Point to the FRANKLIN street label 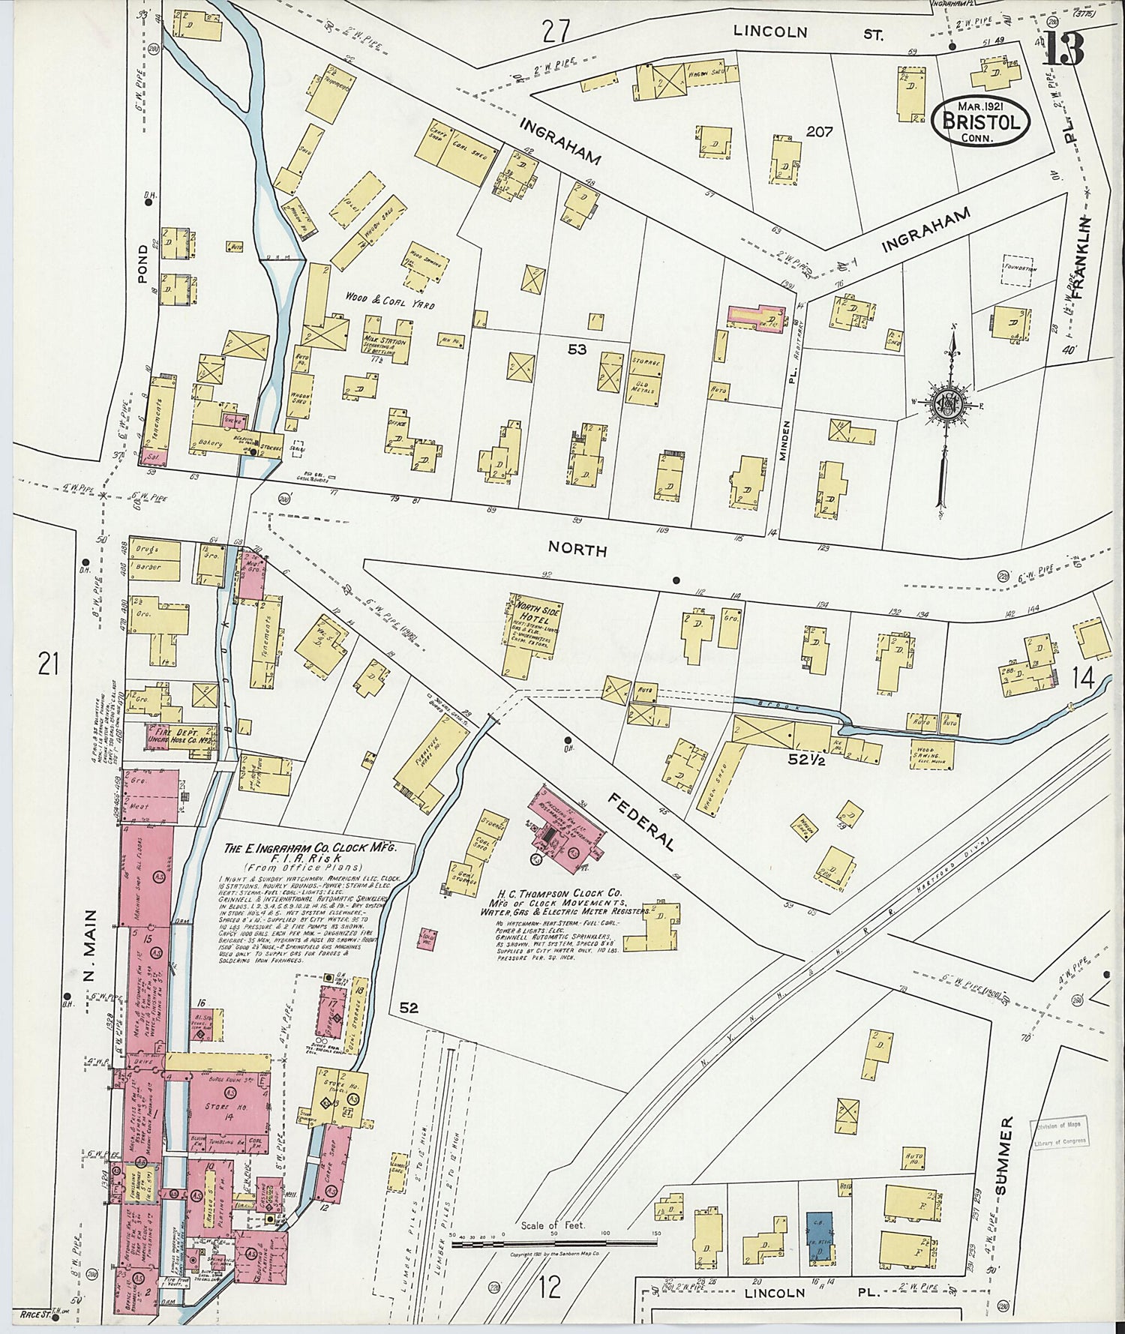tap(1079, 259)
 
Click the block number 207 tap(820, 132)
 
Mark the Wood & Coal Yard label tap(389, 305)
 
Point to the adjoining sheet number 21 tap(48, 664)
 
